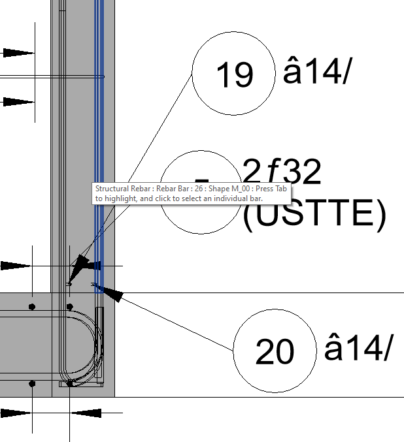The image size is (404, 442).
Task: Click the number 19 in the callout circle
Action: pyautogui.click(x=234, y=75)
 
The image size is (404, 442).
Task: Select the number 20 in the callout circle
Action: pyautogui.click(x=275, y=353)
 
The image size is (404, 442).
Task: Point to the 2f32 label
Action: pyautogui.click(x=282, y=173)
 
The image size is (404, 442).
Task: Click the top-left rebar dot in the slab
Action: pyautogui.click(x=32, y=306)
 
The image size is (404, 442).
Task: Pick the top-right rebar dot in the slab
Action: pyautogui.click(x=69, y=306)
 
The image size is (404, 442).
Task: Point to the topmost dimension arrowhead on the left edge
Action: pyautogui.click(x=18, y=53)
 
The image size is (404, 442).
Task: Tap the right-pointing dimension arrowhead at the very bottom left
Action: pyautogui.click(x=17, y=413)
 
